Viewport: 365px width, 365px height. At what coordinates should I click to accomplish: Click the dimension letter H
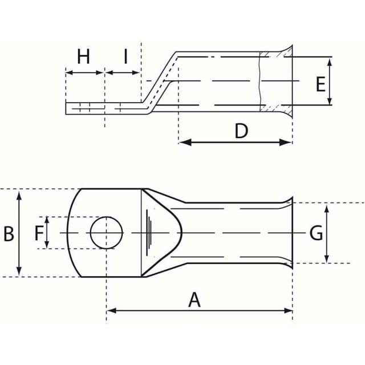83,56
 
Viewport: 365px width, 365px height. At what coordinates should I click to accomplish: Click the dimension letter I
125,56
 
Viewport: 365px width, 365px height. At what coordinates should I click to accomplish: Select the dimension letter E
321,84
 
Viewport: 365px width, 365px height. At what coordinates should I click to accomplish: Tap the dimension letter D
241,131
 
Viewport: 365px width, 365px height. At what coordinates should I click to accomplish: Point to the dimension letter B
9,233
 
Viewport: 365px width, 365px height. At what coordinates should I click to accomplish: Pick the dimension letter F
39,233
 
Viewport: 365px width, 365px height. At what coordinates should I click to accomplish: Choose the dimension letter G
316,233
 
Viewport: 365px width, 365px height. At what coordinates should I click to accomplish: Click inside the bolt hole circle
107,233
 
